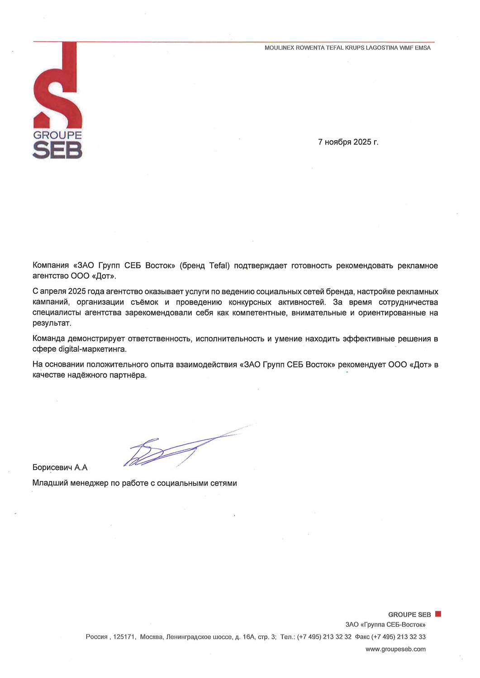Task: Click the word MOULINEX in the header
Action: click(x=279, y=48)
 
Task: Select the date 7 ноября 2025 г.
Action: click(x=348, y=142)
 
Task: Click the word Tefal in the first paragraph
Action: click(x=219, y=266)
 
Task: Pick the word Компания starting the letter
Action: click(x=51, y=266)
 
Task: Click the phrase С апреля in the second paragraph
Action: click(x=49, y=292)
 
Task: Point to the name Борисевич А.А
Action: click(x=60, y=468)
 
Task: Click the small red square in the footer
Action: click(x=438, y=614)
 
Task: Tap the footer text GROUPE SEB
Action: click(x=409, y=615)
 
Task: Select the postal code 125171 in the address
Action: click(x=124, y=637)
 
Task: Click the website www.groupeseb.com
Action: click(x=395, y=649)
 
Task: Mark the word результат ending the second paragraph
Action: click(x=51, y=324)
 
